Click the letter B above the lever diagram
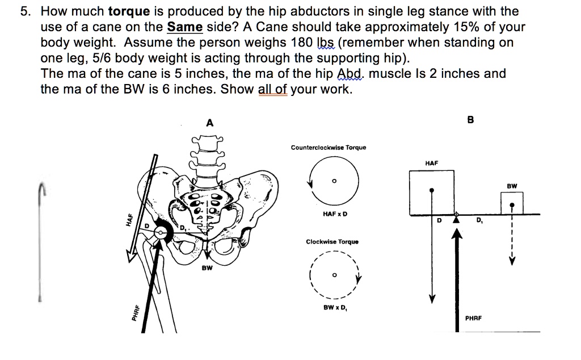(x=469, y=120)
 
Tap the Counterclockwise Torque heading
(x=329, y=148)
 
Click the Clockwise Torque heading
(x=332, y=242)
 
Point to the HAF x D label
(x=335, y=214)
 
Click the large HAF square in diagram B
(x=433, y=191)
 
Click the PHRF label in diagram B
(x=473, y=319)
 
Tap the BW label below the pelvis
(x=207, y=268)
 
